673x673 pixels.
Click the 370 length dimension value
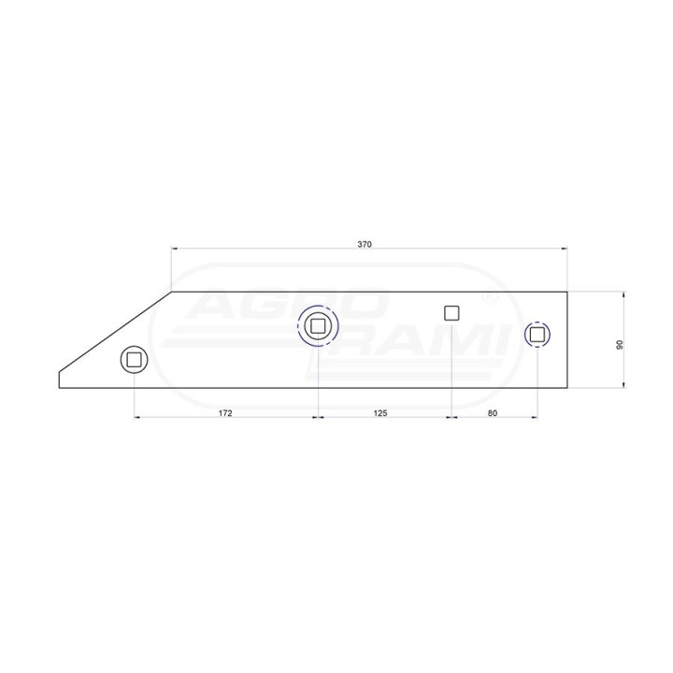click(x=365, y=245)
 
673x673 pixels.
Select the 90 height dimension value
click(x=620, y=345)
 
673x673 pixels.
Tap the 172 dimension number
click(x=225, y=413)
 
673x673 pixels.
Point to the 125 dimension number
click(x=380, y=413)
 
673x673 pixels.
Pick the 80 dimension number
click(x=493, y=413)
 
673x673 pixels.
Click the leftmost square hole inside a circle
click(x=134, y=360)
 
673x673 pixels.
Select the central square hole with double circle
click(x=318, y=326)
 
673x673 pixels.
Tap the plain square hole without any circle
click(x=451, y=313)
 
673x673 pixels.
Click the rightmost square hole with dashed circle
click(x=537, y=334)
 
